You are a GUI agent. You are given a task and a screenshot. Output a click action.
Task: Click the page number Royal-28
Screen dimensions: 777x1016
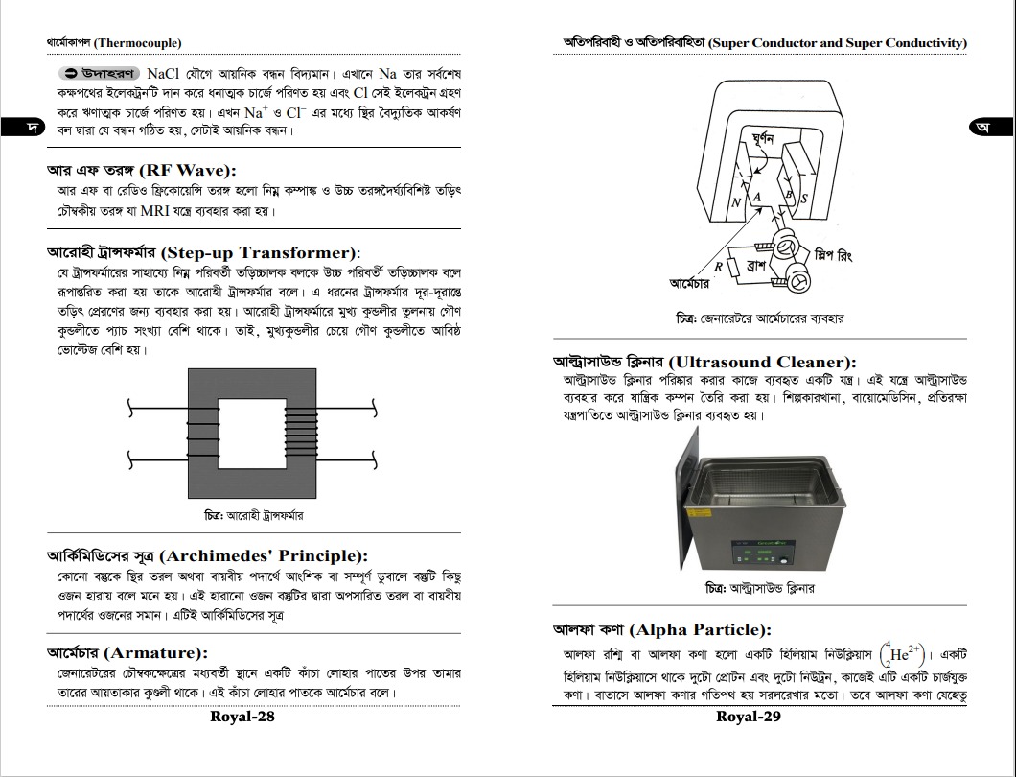pyautogui.click(x=242, y=717)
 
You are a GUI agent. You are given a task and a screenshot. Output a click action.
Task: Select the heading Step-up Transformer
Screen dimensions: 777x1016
pyautogui.click(x=203, y=253)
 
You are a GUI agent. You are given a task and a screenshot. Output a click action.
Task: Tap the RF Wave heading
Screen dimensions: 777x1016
pyautogui.click(x=141, y=170)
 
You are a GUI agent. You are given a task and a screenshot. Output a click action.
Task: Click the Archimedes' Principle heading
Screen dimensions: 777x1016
pyautogui.click(x=207, y=555)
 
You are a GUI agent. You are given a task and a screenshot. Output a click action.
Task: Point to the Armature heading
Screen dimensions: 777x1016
pyautogui.click(x=127, y=653)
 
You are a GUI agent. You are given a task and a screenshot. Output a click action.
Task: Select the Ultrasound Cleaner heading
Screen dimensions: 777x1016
pyautogui.click(x=704, y=363)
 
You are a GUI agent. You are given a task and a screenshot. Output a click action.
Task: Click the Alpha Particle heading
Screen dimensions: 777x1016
pyautogui.click(x=661, y=630)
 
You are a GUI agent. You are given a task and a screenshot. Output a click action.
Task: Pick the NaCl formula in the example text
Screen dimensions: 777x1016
pyautogui.click(x=170, y=74)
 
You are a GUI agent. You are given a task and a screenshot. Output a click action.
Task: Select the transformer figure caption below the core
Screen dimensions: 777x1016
pyautogui.click(x=254, y=516)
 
